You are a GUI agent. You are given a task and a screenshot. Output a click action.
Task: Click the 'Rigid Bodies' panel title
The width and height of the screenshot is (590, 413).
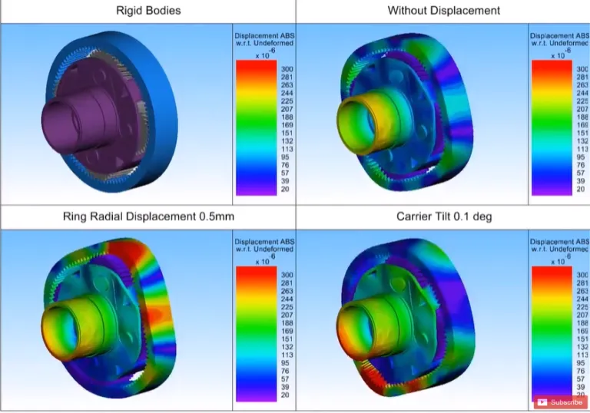click(x=147, y=11)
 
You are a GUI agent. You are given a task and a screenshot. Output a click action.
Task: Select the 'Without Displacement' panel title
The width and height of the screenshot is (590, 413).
click(x=443, y=11)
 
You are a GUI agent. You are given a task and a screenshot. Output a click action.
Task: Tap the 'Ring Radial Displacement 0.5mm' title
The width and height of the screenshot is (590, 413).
click(x=147, y=216)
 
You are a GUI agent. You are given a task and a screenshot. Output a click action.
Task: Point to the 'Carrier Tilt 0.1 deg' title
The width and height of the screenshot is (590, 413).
click(x=443, y=216)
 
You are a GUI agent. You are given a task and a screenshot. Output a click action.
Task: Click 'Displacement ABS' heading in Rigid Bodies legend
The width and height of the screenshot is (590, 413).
click(x=264, y=36)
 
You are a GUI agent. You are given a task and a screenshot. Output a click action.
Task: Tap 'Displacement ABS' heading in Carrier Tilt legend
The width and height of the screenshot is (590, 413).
click(x=559, y=242)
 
